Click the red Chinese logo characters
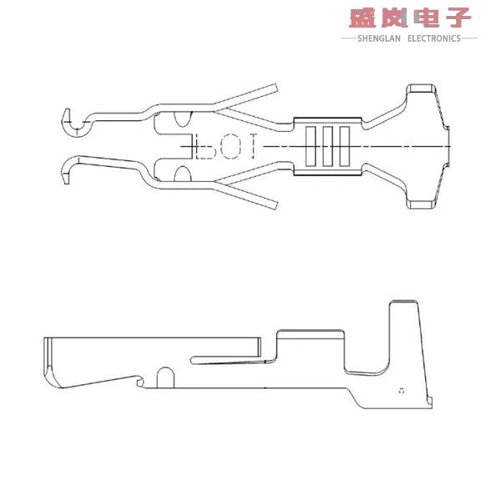[410, 18]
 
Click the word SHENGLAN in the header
[381, 38]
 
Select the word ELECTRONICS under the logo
[434, 38]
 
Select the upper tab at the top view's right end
[423, 91]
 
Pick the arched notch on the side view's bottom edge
[164, 377]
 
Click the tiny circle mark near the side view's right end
[402, 390]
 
